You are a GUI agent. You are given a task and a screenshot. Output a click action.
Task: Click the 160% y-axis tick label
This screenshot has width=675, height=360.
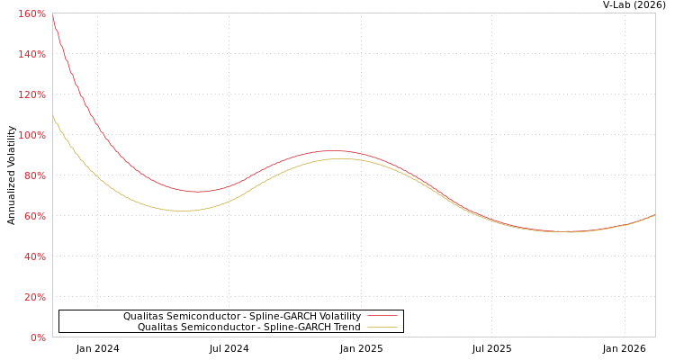pos(32,13)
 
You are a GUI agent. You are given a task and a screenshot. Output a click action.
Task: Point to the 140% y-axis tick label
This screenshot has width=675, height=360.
pos(32,54)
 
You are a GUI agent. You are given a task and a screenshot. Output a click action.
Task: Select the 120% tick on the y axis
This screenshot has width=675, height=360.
pos(32,94)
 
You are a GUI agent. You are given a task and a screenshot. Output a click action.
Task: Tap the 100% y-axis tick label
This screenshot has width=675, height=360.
pos(32,135)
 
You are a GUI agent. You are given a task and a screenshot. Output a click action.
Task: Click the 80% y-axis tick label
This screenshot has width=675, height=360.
pos(34,175)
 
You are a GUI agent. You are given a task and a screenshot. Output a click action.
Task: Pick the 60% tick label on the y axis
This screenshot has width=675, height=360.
pos(34,216)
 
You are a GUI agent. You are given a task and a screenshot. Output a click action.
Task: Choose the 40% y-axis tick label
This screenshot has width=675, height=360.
pos(34,256)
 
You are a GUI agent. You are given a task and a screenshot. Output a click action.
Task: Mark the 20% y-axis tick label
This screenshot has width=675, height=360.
pos(34,297)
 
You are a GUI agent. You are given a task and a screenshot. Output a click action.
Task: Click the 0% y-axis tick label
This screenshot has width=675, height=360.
pos(38,337)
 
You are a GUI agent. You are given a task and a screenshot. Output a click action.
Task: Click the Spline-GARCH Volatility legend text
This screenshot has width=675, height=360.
pos(242,316)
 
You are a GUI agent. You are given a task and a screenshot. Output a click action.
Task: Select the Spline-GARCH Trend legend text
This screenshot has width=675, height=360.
pos(249,327)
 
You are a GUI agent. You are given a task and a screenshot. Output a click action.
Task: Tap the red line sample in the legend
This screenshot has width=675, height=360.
pos(382,316)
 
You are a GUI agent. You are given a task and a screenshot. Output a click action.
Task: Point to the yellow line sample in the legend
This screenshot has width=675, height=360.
pos(382,327)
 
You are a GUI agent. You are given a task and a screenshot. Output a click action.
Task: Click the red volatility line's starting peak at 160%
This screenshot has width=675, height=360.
pos(53,16)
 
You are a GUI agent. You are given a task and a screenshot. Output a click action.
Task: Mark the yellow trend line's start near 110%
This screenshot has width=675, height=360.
pos(53,115)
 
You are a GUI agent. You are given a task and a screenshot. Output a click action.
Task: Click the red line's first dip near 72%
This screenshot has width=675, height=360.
pos(197,191)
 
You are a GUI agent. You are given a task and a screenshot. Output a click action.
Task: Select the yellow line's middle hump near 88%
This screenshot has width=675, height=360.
pos(340,158)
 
